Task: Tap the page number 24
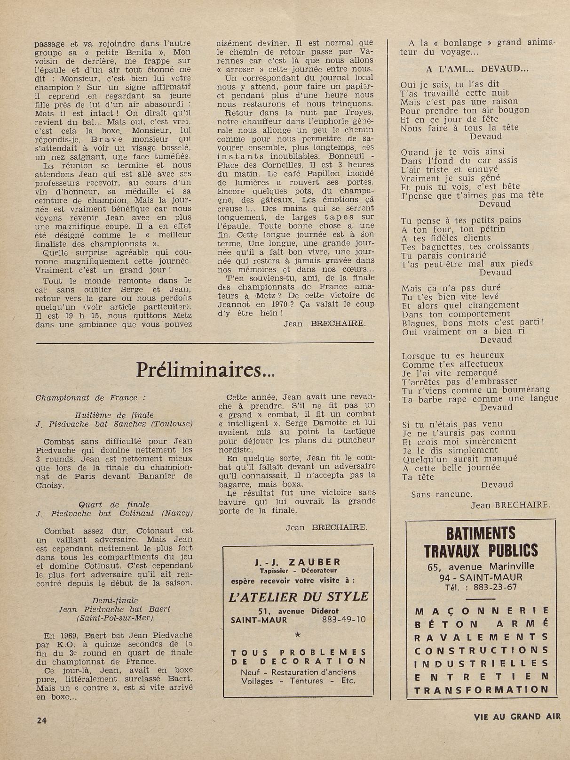tap(41, 720)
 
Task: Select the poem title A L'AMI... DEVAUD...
tap(477, 69)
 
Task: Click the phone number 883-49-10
tap(344, 620)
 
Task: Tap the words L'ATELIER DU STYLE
tap(298, 597)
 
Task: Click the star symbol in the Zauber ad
tap(297, 635)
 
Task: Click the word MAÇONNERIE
tap(482, 611)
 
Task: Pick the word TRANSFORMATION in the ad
tap(482, 690)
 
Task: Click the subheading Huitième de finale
tap(114, 415)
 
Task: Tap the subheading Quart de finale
tap(114, 504)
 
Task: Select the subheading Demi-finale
tap(115, 600)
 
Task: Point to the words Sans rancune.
tap(441, 494)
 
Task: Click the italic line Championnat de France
tap(90, 397)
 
